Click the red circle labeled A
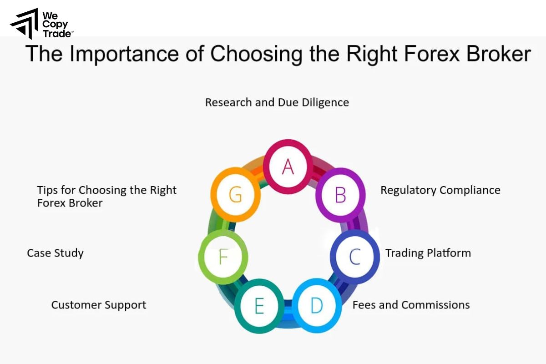pos(288,167)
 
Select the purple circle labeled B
pos(340,195)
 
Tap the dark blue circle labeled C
pos(354,257)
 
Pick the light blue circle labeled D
pos(316,306)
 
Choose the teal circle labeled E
pos(259,306)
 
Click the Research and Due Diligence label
pos(277,102)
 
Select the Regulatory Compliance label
pos(440,190)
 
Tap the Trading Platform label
pos(428,253)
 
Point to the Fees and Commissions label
pos(411,305)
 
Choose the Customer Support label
pos(99,305)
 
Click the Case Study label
pos(55,253)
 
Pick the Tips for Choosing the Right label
pos(106,190)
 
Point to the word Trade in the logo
pos(57,34)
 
